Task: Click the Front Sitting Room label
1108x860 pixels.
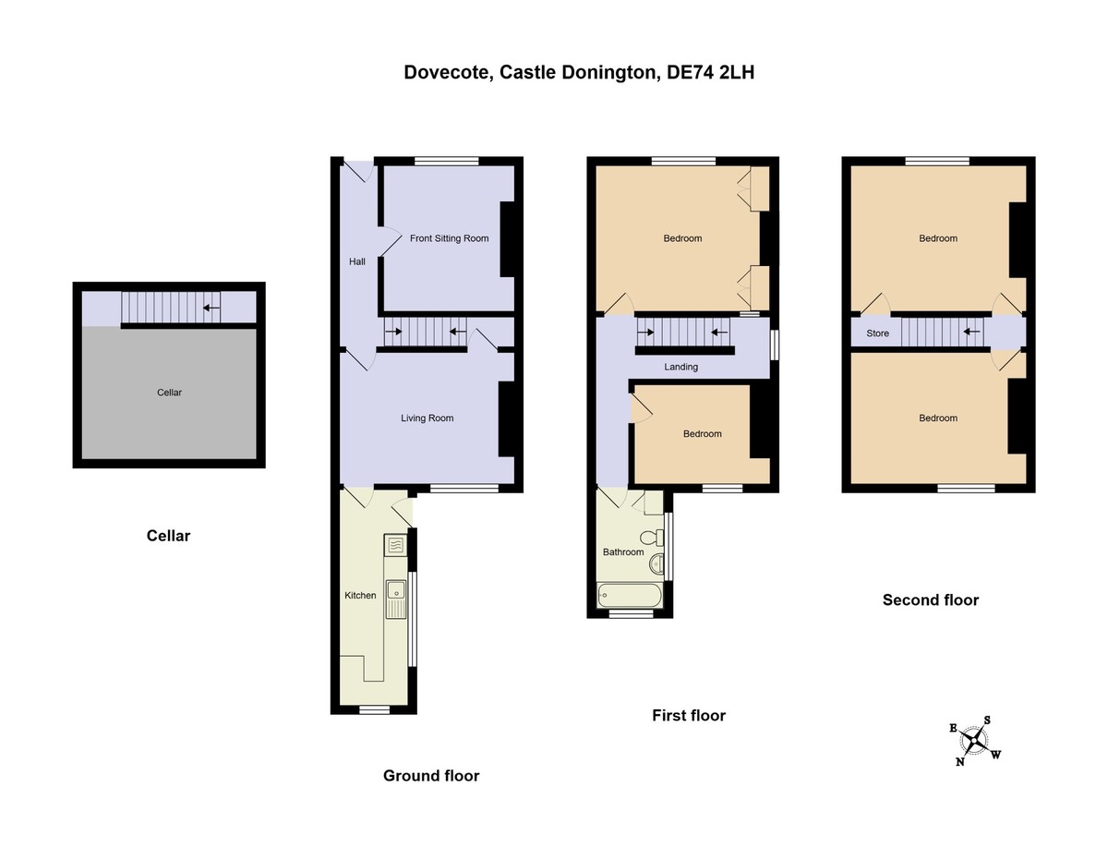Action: tap(449, 238)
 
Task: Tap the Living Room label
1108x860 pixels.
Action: tap(427, 418)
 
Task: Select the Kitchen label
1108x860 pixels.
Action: tap(360, 596)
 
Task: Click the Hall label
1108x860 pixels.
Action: tap(357, 262)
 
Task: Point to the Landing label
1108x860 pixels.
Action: tap(681, 367)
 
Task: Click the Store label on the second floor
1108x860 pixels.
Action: tap(877, 333)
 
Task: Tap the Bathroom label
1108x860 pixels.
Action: tap(623, 552)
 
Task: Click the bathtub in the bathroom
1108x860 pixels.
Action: tap(630, 596)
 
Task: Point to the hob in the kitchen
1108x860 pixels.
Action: tap(396, 545)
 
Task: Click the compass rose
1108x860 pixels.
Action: tap(974, 740)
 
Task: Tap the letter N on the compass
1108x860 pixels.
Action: tap(960, 762)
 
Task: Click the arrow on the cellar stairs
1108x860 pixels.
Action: tap(211, 309)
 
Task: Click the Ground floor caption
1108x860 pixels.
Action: tap(431, 776)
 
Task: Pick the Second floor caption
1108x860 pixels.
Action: tap(930, 600)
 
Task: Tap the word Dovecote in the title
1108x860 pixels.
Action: tap(446, 72)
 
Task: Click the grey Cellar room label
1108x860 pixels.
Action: tap(169, 393)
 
